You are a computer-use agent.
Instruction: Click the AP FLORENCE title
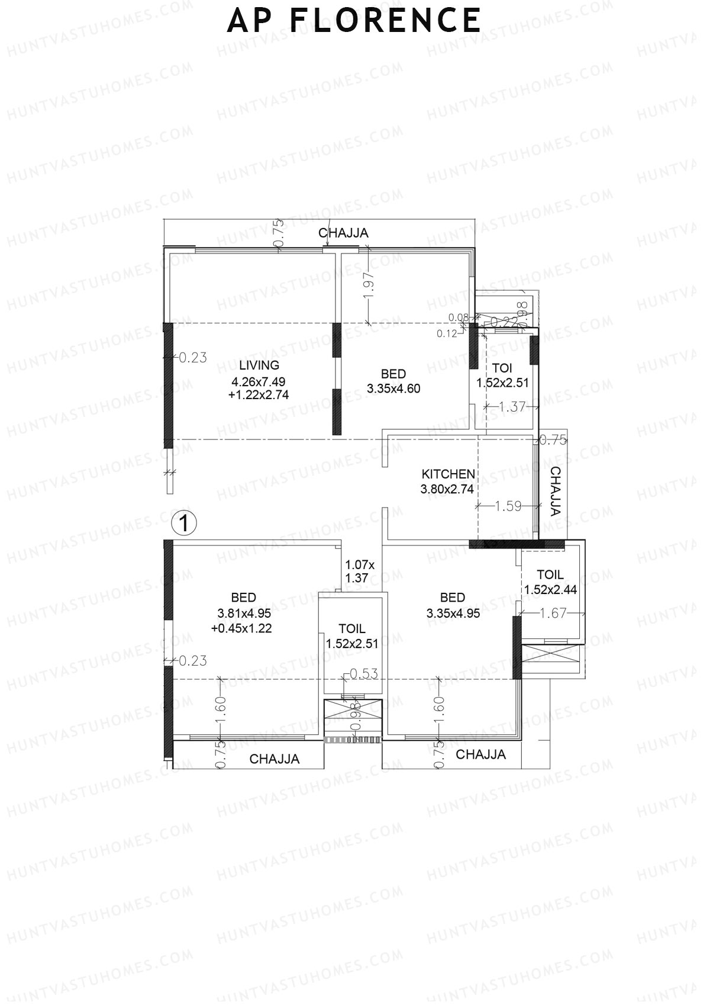tap(354, 21)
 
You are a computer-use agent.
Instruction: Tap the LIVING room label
tap(259, 365)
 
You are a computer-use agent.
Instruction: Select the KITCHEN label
tap(448, 474)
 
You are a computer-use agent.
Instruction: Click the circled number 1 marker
tap(183, 524)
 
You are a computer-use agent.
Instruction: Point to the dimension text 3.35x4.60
tap(393, 389)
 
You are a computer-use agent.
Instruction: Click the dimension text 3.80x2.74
tap(447, 489)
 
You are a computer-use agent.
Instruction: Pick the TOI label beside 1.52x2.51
tap(502, 368)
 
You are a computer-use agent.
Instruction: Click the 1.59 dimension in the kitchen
tap(508, 506)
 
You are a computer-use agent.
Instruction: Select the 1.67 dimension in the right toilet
tap(553, 614)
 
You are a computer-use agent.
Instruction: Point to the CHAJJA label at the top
tap(343, 233)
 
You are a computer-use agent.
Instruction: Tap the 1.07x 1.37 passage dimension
tap(357, 571)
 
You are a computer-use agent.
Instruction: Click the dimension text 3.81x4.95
tap(243, 614)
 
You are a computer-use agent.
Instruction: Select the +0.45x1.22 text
tap(241, 629)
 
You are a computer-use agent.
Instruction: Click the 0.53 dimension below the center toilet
tap(363, 674)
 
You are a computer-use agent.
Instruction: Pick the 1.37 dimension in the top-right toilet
tap(512, 407)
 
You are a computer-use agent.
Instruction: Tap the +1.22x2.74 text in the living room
tap(259, 395)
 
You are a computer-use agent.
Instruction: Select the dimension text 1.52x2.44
tap(550, 590)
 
